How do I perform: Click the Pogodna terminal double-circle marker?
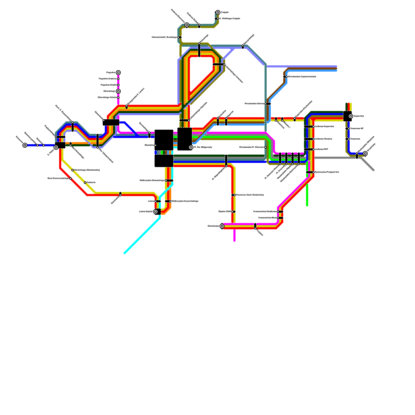pos(118,73)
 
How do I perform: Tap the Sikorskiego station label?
pos(109,91)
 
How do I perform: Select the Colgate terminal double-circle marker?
pos(218,12)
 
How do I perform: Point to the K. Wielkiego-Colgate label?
pos(230,19)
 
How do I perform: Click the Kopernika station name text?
pos(359,116)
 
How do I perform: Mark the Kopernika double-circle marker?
pos(351,116)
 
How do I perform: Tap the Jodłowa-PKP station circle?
pos(313,149)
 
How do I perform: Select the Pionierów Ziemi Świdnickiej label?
pos(250,195)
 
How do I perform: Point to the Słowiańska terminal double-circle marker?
pos(222,226)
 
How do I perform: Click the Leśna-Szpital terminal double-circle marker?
pos(156,212)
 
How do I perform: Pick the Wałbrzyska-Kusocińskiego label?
pos(185,201)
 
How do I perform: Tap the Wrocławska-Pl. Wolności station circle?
pos(266,147)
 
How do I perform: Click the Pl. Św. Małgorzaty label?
pos(203,147)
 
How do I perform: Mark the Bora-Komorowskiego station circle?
pos(71,178)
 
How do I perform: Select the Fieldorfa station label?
pos(91,183)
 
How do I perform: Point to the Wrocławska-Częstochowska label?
pos(302,77)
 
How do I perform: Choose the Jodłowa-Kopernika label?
pos(324,127)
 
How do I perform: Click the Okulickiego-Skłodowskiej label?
pos(87,170)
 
